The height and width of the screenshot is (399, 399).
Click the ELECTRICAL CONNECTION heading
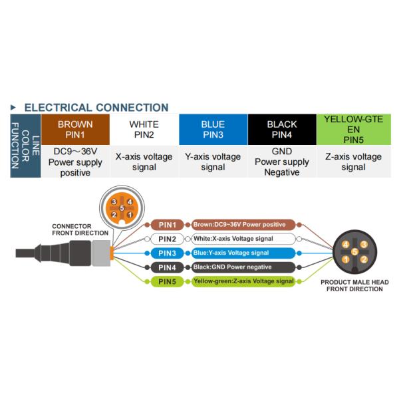click(x=96, y=107)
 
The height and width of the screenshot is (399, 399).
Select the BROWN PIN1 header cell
click(x=75, y=130)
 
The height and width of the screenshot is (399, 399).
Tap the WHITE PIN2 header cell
click(x=144, y=130)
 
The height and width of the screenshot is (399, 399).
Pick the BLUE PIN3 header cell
click(x=213, y=130)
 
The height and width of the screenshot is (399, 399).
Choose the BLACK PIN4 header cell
click(x=282, y=130)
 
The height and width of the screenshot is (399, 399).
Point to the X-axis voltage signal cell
click(x=144, y=162)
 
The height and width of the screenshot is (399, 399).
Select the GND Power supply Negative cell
click(x=282, y=162)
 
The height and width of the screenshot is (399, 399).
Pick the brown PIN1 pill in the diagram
click(x=168, y=225)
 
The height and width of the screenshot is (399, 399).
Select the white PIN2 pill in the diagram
click(x=168, y=239)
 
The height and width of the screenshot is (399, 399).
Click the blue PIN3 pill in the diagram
click(x=168, y=253)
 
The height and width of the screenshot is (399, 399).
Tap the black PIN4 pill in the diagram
click(x=168, y=267)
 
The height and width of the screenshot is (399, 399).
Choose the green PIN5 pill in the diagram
click(x=168, y=282)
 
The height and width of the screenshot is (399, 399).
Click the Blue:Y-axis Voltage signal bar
click(x=243, y=253)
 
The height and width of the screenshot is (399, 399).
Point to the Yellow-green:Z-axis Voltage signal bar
click(x=243, y=282)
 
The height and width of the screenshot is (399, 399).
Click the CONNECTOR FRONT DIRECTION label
click(x=80, y=230)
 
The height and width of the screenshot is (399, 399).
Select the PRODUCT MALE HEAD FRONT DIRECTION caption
click(x=354, y=286)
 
